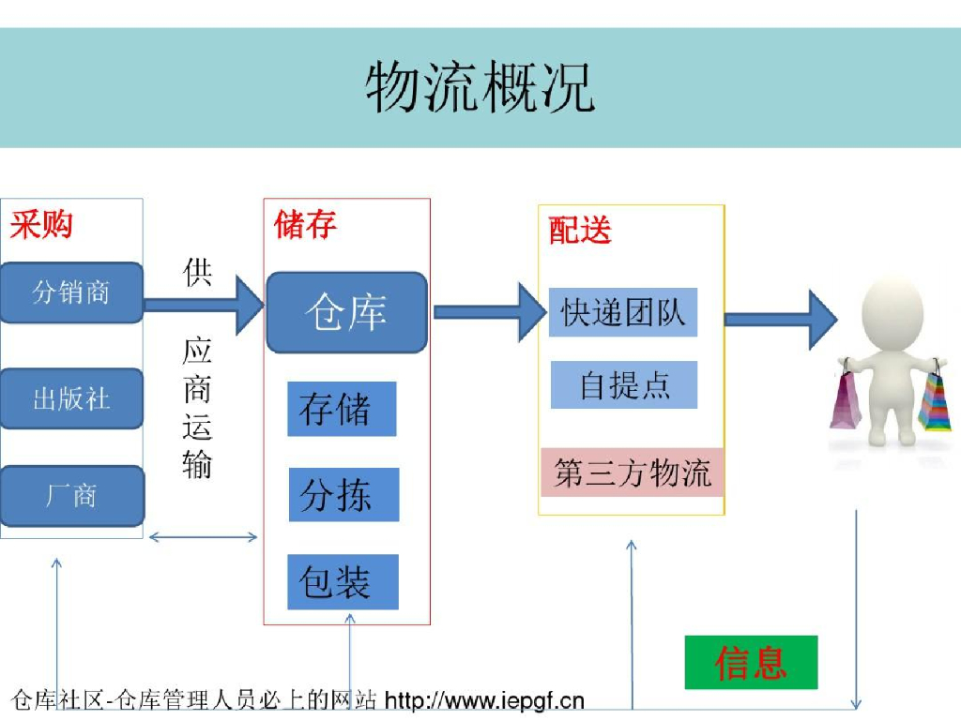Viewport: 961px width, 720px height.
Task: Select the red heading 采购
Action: click(x=41, y=225)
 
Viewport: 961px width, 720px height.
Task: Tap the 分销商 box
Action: click(x=71, y=292)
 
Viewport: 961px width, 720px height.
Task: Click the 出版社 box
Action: click(x=71, y=398)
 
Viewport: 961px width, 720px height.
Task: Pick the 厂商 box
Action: click(x=71, y=495)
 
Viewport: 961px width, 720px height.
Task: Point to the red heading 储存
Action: click(x=305, y=225)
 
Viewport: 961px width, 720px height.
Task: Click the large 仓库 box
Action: click(x=346, y=312)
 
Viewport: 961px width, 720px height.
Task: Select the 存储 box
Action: click(x=342, y=409)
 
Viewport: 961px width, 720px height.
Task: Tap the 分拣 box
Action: click(x=343, y=494)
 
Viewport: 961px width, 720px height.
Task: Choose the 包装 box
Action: click(x=343, y=581)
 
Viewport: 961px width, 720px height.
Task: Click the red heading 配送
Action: click(x=580, y=230)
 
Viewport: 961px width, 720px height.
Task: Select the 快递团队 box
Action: click(x=623, y=312)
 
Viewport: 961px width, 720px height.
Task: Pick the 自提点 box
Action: click(x=624, y=384)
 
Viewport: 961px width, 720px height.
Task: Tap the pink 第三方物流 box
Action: click(x=632, y=472)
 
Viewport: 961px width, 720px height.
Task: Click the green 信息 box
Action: click(x=751, y=662)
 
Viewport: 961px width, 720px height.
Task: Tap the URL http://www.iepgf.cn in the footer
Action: click(x=484, y=699)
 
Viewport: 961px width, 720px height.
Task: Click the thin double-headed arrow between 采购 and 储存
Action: click(x=203, y=537)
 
